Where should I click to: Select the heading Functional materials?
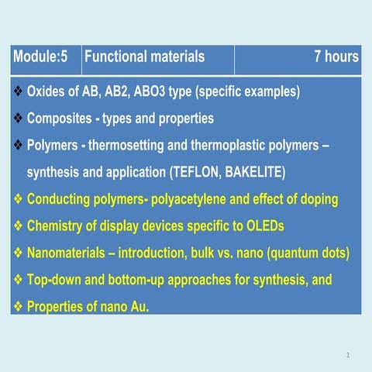click(144, 57)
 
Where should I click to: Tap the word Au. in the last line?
click(138, 307)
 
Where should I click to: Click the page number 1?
click(349, 354)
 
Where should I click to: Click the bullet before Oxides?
click(18, 92)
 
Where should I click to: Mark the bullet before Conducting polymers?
click(18, 200)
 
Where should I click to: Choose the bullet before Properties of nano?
click(18, 307)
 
